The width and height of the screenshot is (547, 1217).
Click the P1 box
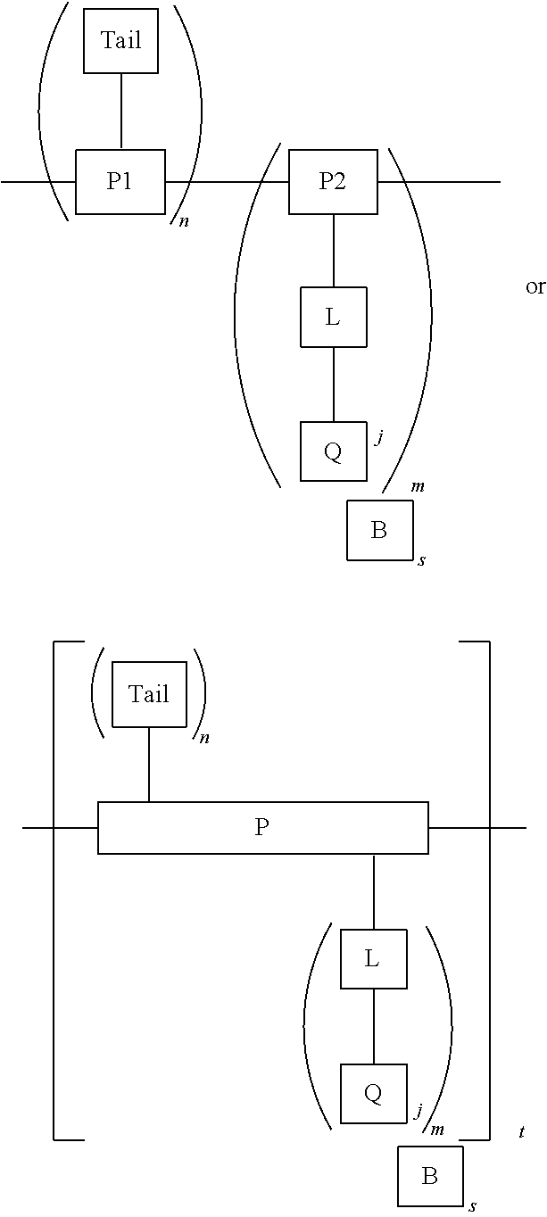[120, 182]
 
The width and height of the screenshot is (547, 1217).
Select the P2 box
[333, 182]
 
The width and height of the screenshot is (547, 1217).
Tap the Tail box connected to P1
[120, 41]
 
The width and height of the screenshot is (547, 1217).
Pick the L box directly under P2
[333, 317]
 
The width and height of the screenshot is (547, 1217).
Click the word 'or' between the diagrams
[535, 288]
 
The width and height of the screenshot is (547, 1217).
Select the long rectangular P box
[262, 828]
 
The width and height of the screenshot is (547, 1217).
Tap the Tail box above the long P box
[149, 694]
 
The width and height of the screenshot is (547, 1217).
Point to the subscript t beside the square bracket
[521, 1132]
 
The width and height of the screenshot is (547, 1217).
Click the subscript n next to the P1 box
[184, 221]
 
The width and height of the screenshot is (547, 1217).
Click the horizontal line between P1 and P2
[227, 182]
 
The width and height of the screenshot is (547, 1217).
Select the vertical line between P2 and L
[333, 251]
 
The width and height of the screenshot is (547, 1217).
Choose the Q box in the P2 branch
[333, 451]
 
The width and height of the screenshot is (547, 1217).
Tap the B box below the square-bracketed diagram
[430, 1177]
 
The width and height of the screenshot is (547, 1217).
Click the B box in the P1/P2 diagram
[379, 530]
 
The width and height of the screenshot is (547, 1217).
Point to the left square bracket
[55, 890]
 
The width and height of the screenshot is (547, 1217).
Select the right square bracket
[488, 890]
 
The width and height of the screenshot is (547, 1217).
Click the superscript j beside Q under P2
[379, 437]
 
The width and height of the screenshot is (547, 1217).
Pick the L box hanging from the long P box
[373, 959]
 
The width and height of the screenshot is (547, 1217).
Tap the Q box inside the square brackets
[373, 1094]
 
